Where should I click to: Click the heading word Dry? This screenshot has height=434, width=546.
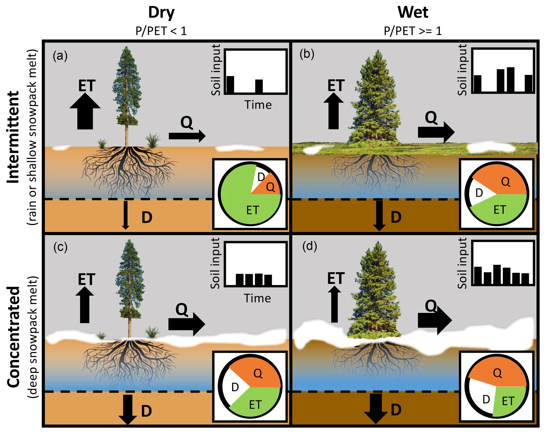point(161,13)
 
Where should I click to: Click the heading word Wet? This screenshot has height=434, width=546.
point(413,13)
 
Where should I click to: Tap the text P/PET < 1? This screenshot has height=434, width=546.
point(161,31)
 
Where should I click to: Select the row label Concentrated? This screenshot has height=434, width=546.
point(13,337)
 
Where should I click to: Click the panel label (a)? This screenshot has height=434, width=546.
point(60,56)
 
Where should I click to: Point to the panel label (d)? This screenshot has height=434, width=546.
point(310,246)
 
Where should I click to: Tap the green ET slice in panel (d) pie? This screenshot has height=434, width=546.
point(508,400)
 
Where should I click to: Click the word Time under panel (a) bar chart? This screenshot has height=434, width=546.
point(258,105)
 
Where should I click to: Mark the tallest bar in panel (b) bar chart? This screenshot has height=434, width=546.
point(510,79)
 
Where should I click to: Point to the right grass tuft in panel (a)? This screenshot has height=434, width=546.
point(152,141)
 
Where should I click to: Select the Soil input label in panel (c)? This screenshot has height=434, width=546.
point(215,263)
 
